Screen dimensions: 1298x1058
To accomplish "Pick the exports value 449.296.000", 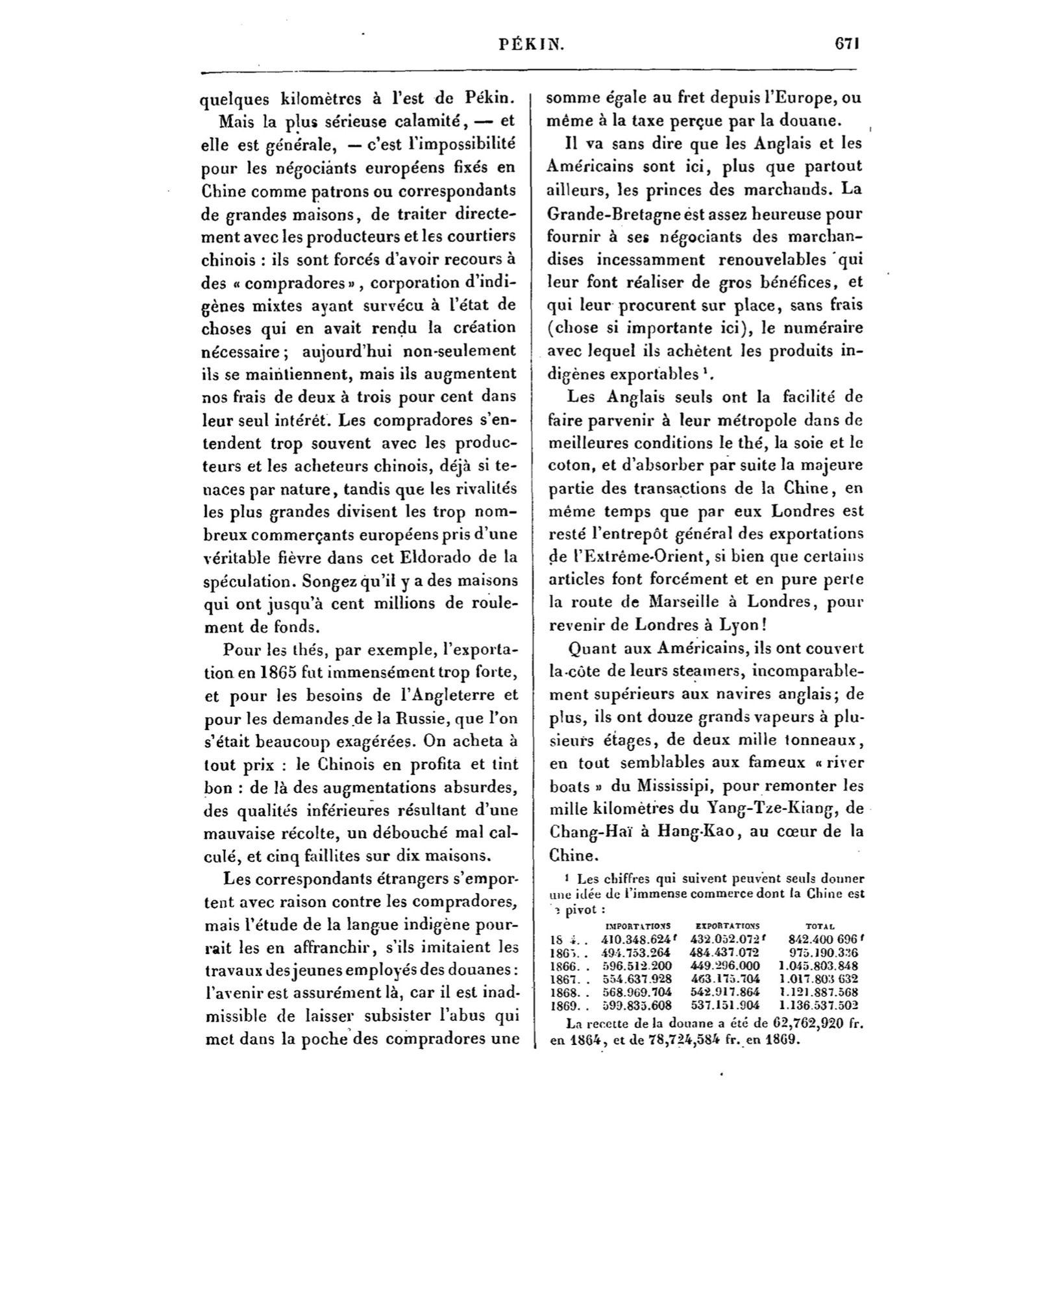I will coord(725,966).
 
